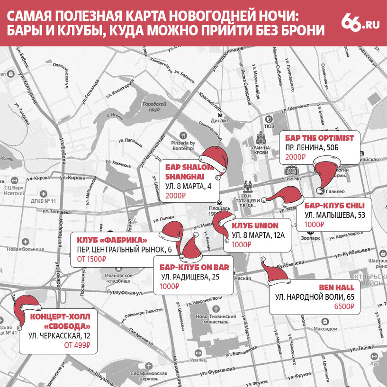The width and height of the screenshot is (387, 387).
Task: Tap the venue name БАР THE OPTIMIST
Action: pyautogui.click(x=319, y=138)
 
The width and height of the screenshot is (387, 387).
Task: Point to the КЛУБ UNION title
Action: pyautogui.click(x=254, y=225)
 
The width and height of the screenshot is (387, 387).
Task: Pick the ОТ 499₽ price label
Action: pyautogui.click(x=77, y=345)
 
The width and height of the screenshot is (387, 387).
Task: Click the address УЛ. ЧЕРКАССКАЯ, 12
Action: pyautogui.click(x=59, y=336)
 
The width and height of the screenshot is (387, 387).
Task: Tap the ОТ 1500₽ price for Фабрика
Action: pyautogui.click(x=91, y=259)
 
